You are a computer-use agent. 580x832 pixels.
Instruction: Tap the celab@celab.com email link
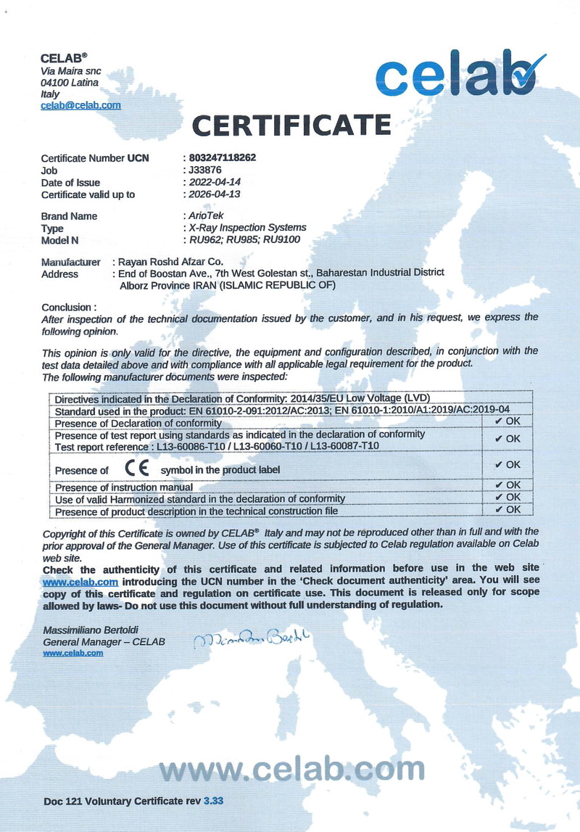(x=80, y=105)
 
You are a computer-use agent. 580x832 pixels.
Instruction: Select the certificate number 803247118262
(x=222, y=157)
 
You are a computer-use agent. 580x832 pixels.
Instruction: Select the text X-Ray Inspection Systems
(x=246, y=228)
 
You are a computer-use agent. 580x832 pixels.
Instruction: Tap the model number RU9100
(x=283, y=239)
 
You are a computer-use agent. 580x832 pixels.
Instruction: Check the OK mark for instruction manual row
(x=507, y=485)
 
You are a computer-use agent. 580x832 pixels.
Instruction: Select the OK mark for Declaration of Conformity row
(x=507, y=421)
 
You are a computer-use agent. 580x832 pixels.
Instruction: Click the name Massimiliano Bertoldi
(x=91, y=630)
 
